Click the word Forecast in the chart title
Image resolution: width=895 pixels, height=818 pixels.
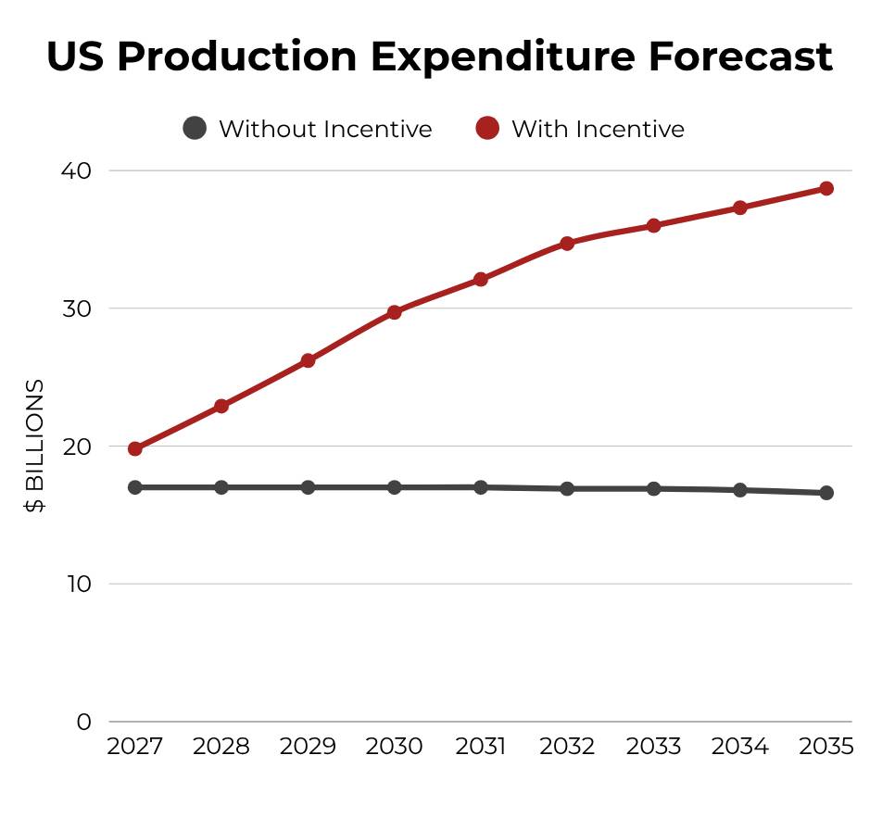pyautogui.click(x=739, y=57)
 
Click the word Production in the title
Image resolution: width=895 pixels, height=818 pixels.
pyautogui.click(x=237, y=57)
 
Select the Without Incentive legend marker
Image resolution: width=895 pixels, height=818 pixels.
pyautogui.click(x=195, y=128)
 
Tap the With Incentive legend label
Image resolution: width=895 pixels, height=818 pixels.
pyautogui.click(x=598, y=129)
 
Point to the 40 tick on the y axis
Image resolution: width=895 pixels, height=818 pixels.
pyautogui.click(x=76, y=170)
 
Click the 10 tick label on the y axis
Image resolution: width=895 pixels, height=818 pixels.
pyautogui.click(x=78, y=584)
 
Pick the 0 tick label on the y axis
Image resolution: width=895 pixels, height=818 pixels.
pyautogui.click(x=84, y=722)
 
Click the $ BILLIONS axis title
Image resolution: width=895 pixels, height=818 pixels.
pyautogui.click(x=34, y=446)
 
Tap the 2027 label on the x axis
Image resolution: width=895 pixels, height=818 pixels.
pyautogui.click(x=134, y=746)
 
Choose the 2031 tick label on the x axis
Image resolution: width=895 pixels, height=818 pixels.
pyautogui.click(x=481, y=746)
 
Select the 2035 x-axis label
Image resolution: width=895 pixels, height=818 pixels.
pyautogui.click(x=826, y=746)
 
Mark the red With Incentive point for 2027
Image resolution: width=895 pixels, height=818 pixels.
pyautogui.click(x=134, y=448)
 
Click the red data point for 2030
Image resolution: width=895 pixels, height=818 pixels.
pyautogui.click(x=395, y=312)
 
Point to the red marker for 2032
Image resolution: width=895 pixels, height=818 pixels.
pyautogui.click(x=567, y=244)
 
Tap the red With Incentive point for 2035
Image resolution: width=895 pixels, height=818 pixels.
pyautogui.click(x=826, y=188)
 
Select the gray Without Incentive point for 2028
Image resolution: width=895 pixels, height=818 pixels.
pyautogui.click(x=221, y=487)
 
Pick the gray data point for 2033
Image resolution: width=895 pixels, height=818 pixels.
pyautogui.click(x=653, y=488)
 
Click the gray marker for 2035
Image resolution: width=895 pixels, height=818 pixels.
pyautogui.click(x=826, y=493)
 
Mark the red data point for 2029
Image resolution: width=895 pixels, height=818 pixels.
pyautogui.click(x=308, y=360)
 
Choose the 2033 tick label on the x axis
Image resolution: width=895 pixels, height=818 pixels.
pyautogui.click(x=653, y=746)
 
